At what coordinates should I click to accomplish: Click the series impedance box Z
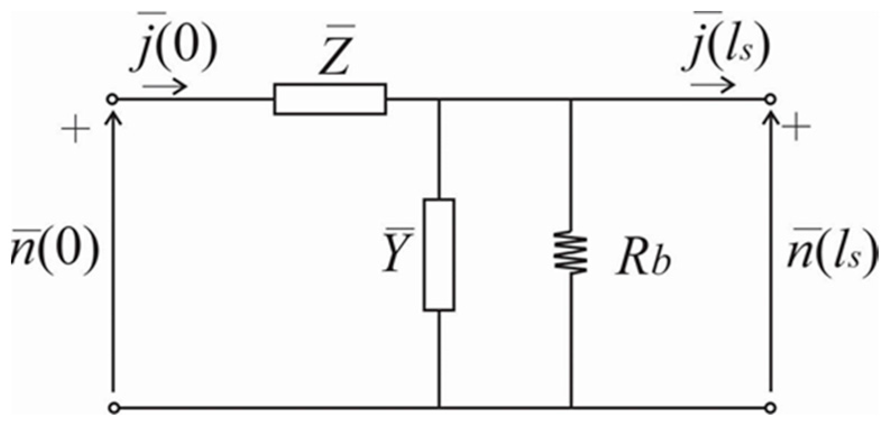click(330, 99)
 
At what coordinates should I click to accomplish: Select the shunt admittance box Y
click(439, 254)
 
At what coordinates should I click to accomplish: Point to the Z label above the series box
click(335, 53)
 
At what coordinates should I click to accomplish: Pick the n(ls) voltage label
click(831, 253)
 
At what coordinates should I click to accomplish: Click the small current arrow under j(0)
click(164, 87)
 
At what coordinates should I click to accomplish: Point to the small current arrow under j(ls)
click(712, 85)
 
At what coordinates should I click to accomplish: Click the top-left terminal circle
click(113, 100)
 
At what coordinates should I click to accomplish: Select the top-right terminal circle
click(771, 100)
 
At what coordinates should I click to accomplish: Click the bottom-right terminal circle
click(771, 407)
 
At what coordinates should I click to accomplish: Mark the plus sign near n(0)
click(75, 132)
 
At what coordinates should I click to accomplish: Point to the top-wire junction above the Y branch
click(439, 100)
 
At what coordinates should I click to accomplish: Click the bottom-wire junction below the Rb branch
click(570, 407)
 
